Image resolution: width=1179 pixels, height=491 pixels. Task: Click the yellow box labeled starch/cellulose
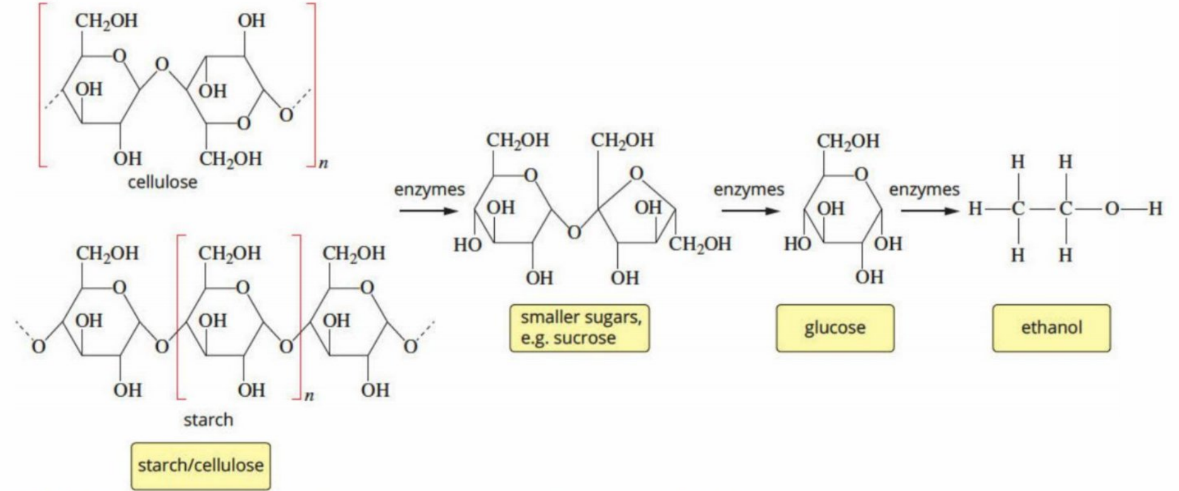201,466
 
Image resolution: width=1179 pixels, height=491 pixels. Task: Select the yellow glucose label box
835,328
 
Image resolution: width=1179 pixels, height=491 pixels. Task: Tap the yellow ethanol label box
1052,328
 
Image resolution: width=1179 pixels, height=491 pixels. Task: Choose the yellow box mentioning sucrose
579,328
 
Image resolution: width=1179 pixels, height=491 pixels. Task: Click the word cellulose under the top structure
162,182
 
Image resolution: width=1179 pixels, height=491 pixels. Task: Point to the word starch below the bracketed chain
208,419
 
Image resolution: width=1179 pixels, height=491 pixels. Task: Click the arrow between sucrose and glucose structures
750,211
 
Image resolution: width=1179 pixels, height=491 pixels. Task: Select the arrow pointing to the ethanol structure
928,211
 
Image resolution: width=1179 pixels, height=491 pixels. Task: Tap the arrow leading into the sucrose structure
428,211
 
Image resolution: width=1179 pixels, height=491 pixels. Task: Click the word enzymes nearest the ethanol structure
925,190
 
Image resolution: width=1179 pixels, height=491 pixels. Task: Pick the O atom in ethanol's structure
1111,209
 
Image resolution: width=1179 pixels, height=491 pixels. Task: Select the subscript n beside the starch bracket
309,396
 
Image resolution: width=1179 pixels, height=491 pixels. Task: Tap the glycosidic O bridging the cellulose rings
161,64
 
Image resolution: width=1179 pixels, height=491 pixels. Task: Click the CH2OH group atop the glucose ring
848,141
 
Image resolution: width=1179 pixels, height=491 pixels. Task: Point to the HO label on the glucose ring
798,244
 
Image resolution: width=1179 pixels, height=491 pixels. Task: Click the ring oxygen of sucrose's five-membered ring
636,173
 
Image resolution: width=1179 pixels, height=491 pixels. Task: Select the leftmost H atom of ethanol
975,209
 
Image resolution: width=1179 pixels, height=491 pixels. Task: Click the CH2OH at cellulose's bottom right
231,159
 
